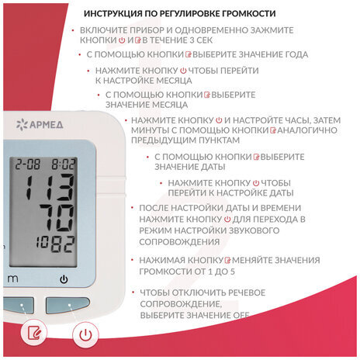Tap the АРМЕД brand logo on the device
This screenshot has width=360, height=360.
click(40, 125)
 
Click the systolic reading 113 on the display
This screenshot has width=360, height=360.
click(49, 187)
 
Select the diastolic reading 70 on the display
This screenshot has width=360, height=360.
click(57, 218)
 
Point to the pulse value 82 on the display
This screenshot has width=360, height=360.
click(63, 244)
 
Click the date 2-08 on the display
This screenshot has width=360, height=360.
click(27, 164)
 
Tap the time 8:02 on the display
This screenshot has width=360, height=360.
click(63, 164)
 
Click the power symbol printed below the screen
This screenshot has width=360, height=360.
click(64, 279)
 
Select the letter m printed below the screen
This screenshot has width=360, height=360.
click(12, 279)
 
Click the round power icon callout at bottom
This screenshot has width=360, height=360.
click(85, 334)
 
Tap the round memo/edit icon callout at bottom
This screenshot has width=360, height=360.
click(34, 332)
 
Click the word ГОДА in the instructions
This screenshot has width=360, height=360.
click(296, 54)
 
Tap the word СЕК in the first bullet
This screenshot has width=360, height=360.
click(204, 40)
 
